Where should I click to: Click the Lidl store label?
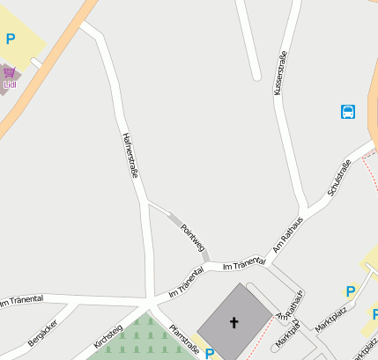point(10,84)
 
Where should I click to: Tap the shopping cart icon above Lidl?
point(10,71)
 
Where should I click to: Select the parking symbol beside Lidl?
point(11,39)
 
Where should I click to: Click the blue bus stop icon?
point(347,112)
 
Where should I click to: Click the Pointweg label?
point(192,236)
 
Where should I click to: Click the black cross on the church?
point(234,322)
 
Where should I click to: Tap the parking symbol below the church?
point(209,354)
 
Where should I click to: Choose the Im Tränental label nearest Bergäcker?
point(21,302)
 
